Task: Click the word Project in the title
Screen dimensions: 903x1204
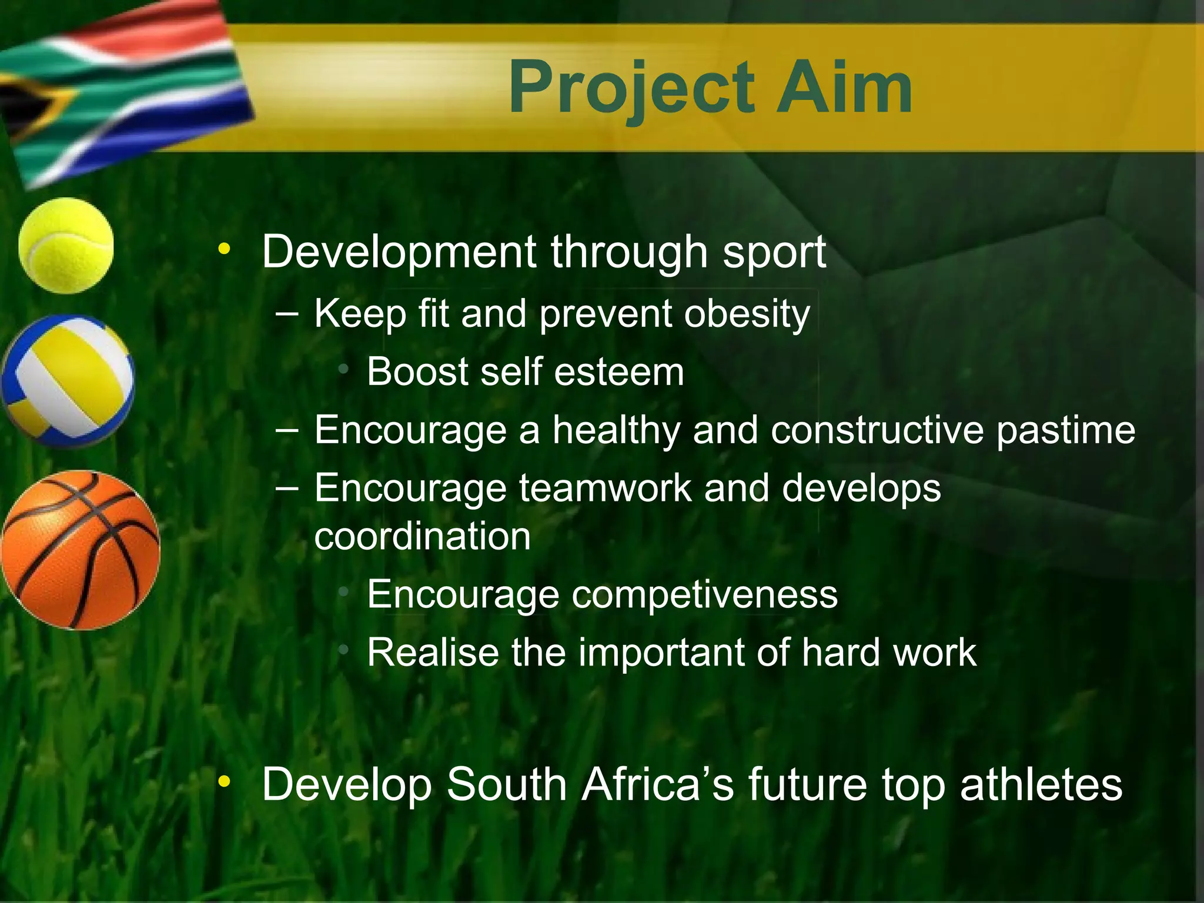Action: click(x=631, y=89)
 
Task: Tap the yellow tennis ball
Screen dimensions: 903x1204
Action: click(x=66, y=245)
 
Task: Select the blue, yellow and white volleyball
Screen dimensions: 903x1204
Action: click(x=67, y=380)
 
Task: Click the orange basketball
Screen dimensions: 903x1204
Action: click(x=81, y=550)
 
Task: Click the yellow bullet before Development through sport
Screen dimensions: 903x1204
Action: click(x=223, y=249)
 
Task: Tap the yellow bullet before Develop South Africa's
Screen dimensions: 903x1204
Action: click(x=223, y=782)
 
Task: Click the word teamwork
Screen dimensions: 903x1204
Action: click(x=606, y=489)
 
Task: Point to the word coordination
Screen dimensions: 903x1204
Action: click(x=422, y=537)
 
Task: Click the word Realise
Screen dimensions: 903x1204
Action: click(x=433, y=653)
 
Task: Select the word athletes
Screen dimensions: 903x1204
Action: click(x=1041, y=784)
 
